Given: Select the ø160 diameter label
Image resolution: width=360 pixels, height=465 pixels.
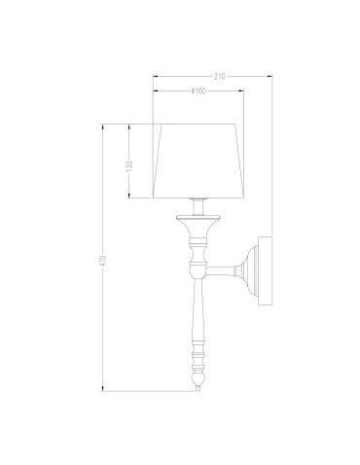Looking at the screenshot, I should tap(199, 91).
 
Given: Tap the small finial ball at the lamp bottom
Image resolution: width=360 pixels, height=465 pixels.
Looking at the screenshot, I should tap(200, 386).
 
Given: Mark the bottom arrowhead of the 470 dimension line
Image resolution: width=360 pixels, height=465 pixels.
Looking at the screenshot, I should tap(107, 388).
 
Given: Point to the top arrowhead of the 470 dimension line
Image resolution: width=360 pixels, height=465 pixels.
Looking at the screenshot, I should tap(107, 126).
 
